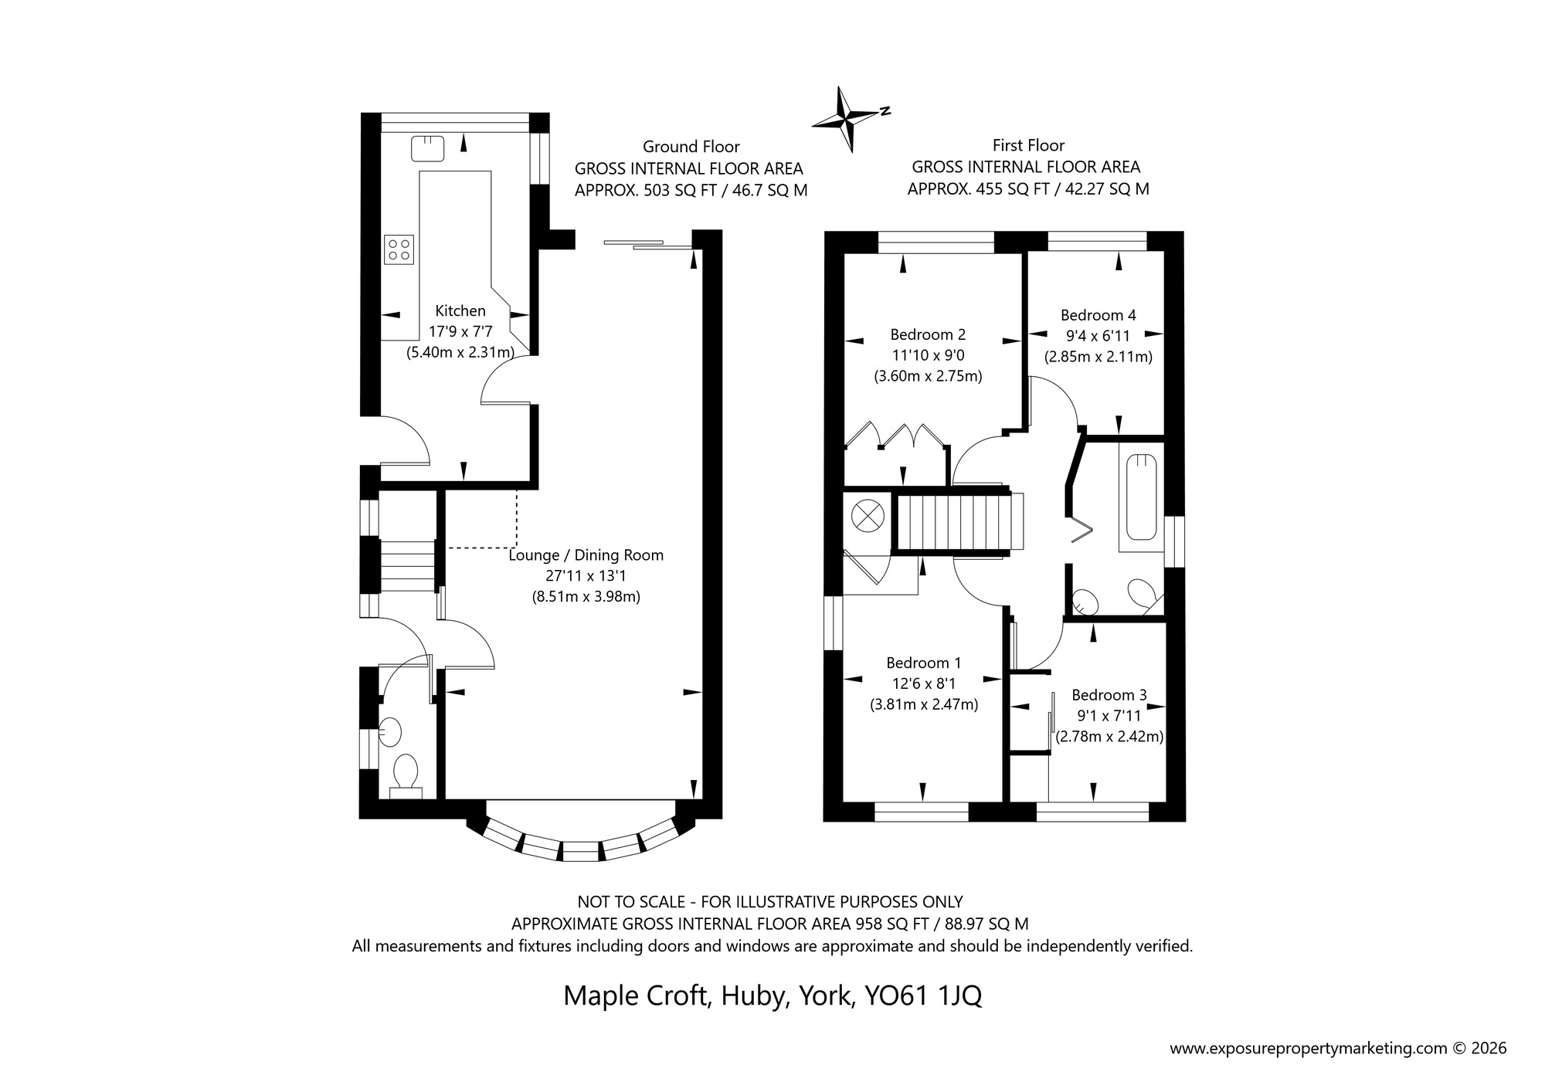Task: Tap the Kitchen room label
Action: (460, 310)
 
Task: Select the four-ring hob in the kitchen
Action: (399, 249)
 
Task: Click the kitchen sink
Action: (426, 147)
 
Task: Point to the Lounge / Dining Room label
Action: (586, 554)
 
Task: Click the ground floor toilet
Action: (406, 773)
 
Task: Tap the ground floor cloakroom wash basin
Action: (390, 731)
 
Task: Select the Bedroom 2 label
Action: (928, 334)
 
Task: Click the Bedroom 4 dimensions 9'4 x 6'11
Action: (1098, 336)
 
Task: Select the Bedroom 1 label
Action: (923, 663)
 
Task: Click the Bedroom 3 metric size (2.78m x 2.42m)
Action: (1109, 737)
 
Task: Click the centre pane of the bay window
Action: (580, 852)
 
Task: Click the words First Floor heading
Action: (1028, 145)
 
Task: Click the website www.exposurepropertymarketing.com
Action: (1309, 1048)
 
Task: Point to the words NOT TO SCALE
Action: (631, 901)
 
